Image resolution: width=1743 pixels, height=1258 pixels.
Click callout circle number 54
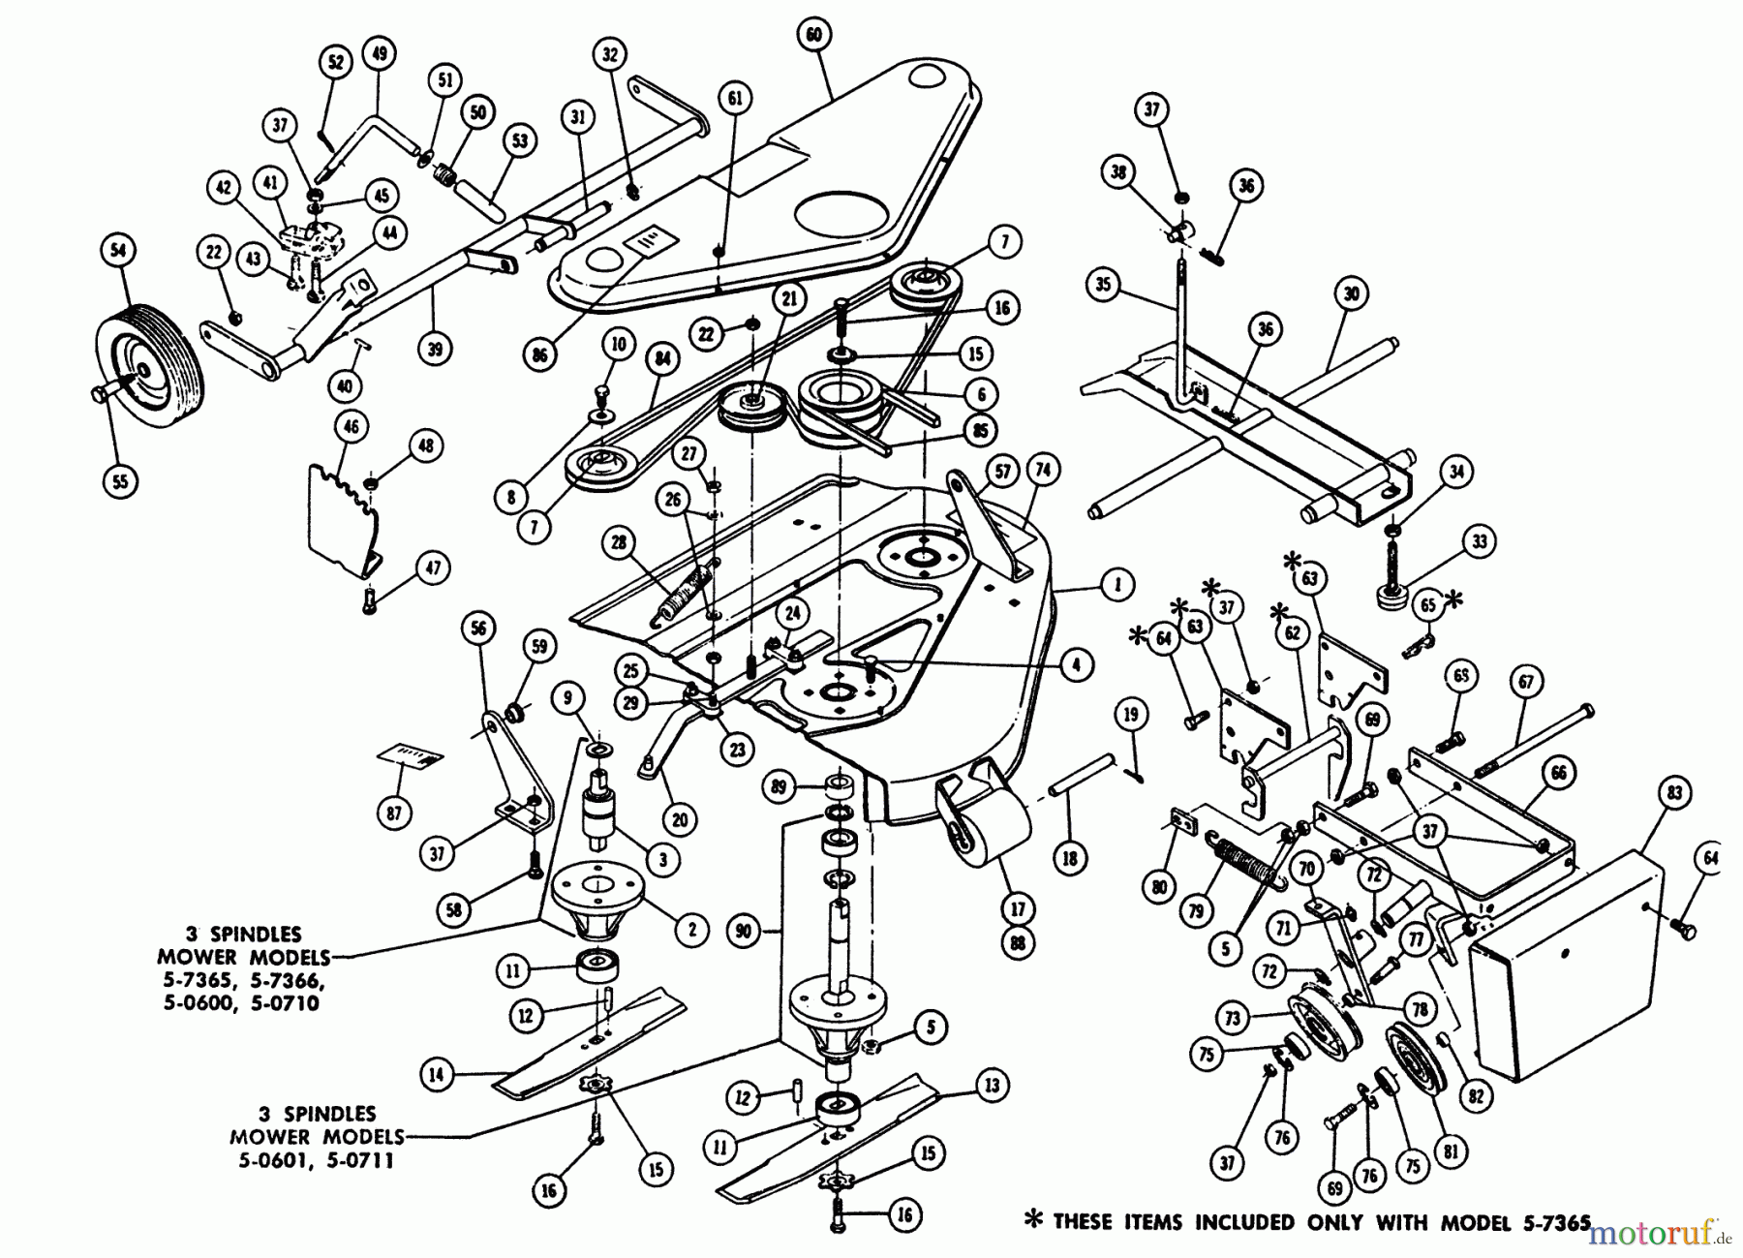[x=118, y=251]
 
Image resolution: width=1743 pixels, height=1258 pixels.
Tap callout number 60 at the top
[x=813, y=36]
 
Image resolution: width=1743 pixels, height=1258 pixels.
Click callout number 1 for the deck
[x=1116, y=585]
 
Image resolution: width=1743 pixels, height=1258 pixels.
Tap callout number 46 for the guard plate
[x=352, y=426]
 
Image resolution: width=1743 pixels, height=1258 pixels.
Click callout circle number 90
[x=744, y=932]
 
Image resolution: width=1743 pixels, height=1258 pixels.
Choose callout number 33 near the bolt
[x=1478, y=541]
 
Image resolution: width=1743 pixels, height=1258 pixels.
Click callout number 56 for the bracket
[x=478, y=628]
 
